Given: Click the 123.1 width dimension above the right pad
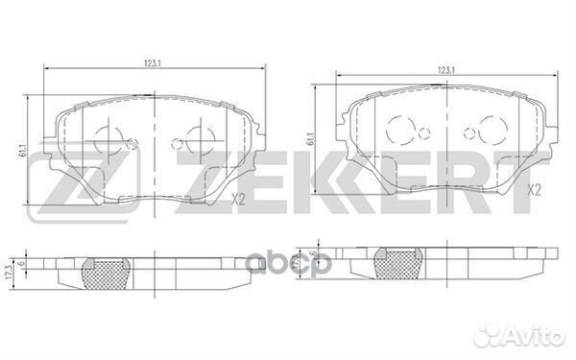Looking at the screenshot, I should click(x=444, y=70).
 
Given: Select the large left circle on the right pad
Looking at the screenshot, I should click(x=398, y=129).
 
